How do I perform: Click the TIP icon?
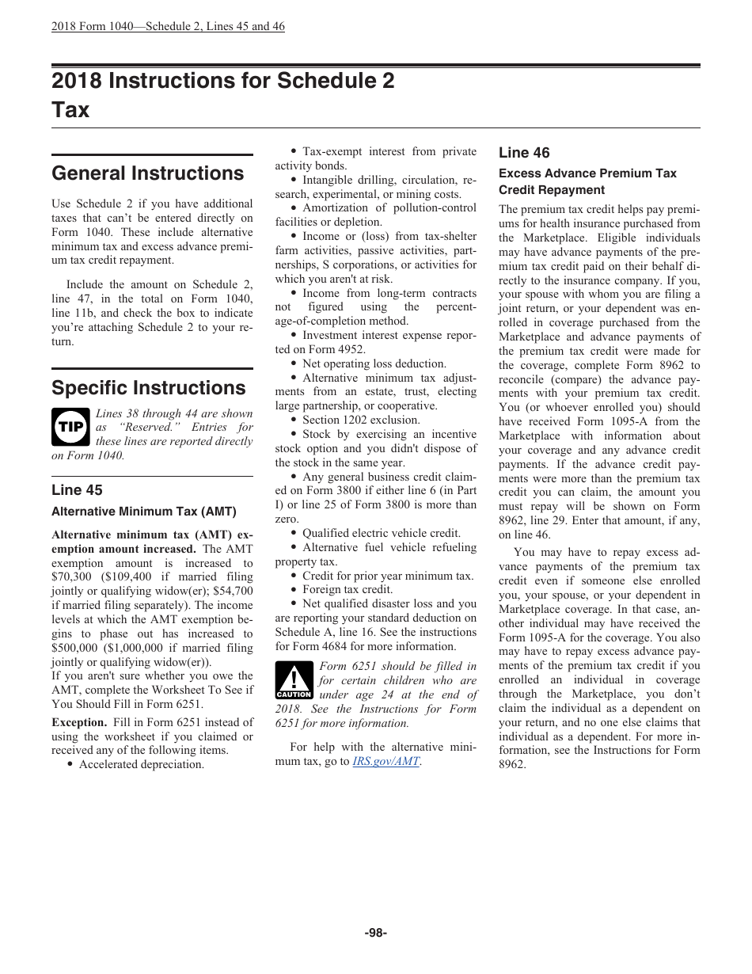(70, 428)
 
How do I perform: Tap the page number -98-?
(375, 933)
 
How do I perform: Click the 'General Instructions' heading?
(147, 173)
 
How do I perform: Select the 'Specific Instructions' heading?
(148, 388)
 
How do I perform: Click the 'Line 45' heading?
(77, 490)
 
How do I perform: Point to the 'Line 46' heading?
(523, 153)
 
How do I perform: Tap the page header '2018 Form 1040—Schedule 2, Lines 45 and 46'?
(168, 26)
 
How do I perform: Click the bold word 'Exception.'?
(79, 722)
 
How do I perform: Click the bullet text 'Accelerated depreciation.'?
(141, 765)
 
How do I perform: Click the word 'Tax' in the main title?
(70, 109)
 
